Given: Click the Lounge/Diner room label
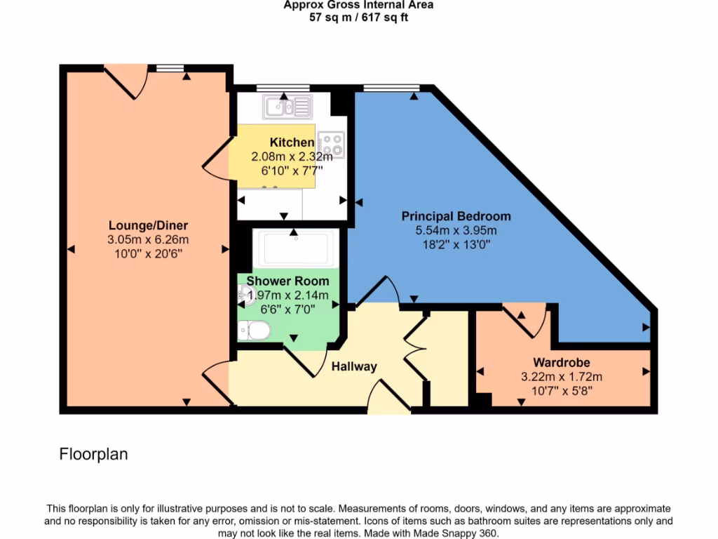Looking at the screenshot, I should (x=148, y=225).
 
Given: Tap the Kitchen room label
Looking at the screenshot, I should (x=292, y=142).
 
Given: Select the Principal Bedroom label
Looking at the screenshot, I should (x=456, y=216).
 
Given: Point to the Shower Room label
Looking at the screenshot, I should (x=287, y=281).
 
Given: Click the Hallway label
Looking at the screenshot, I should (x=354, y=366).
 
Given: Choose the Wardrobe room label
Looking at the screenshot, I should (x=561, y=363).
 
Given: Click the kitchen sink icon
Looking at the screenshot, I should (x=287, y=107).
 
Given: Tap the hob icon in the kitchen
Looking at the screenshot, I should (x=331, y=145).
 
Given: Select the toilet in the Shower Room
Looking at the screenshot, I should (x=254, y=330).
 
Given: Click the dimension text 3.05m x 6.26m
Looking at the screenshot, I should (x=148, y=239).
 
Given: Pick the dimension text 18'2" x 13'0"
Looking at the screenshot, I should (x=456, y=244).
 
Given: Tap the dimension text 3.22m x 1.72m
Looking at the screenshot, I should (x=561, y=377).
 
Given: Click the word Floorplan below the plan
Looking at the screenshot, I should (x=93, y=454).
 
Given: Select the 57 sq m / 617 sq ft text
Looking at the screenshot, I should (x=358, y=18).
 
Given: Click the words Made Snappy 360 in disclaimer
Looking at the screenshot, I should (x=461, y=533).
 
